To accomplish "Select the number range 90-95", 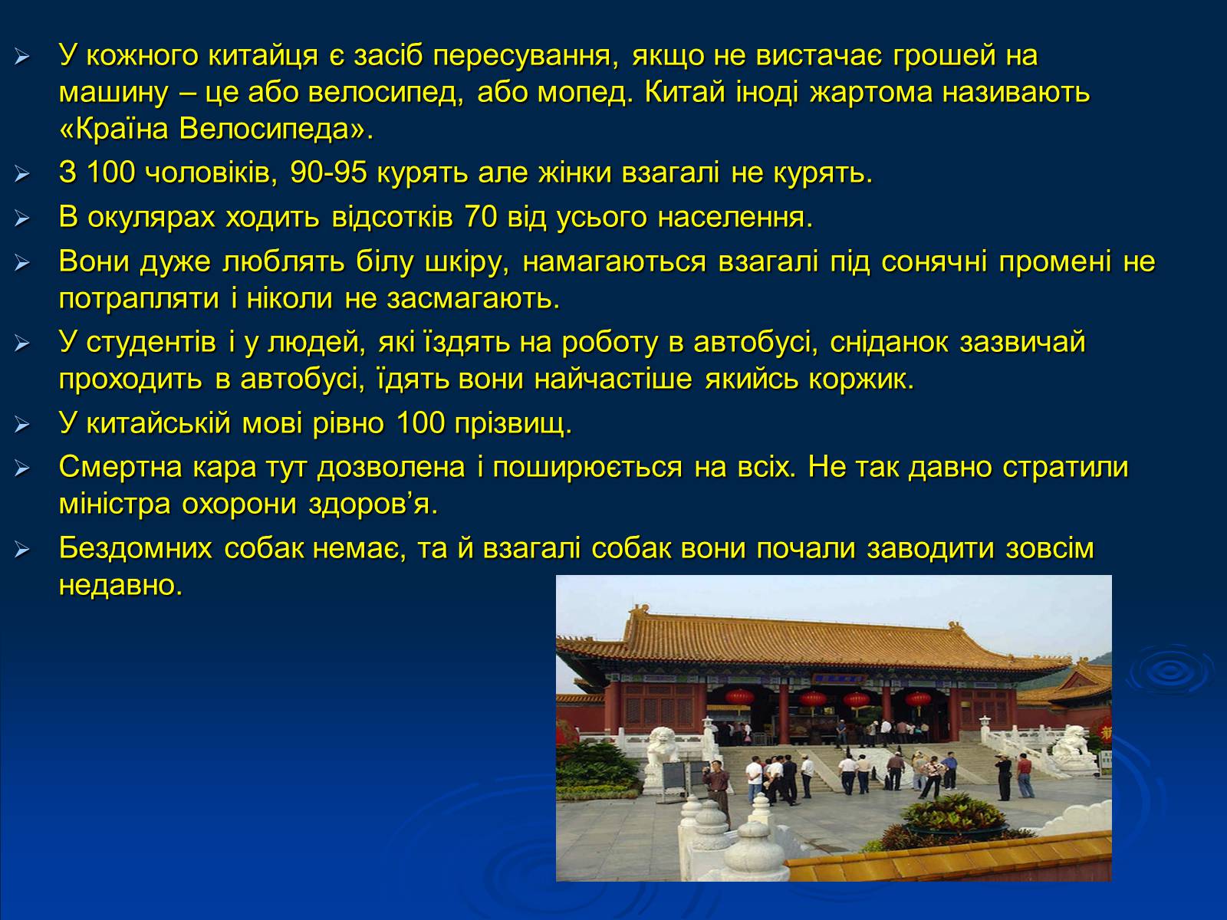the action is [x=329, y=172].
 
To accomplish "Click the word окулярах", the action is [x=151, y=217].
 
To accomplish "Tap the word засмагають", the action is [x=473, y=299].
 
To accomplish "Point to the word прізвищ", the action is [x=512, y=423].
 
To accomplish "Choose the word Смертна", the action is [x=120, y=467].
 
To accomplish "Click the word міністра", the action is [x=114, y=504].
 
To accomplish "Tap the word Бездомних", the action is [x=135, y=548].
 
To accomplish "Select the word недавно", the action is [x=120, y=586].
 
